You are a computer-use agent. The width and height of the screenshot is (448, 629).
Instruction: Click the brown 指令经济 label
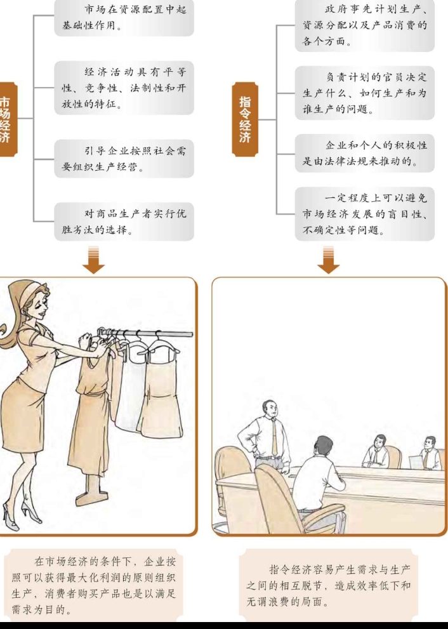tap(245, 119)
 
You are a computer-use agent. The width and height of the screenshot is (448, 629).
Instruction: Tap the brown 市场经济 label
tap(7, 119)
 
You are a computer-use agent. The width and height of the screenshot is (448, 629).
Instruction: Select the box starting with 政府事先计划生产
tap(365, 25)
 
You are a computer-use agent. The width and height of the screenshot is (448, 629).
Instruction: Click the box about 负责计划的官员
tap(365, 93)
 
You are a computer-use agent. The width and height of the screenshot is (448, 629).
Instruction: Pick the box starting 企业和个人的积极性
tap(365, 153)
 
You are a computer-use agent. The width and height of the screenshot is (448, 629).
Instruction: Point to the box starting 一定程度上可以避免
tap(365, 214)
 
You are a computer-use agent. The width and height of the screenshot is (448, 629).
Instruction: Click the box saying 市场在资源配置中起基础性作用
tap(124, 18)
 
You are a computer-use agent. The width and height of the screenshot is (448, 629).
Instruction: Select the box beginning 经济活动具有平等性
tap(124, 88)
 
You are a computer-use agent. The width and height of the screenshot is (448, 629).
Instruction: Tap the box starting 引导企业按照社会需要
tap(124, 159)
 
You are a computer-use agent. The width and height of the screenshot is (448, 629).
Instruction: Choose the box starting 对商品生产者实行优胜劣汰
tap(124, 222)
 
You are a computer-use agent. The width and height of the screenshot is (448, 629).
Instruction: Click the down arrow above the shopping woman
tap(93, 261)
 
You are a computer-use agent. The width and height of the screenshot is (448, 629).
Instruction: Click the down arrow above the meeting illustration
tap(329, 261)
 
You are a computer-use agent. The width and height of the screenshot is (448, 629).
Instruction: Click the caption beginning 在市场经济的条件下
tap(93, 585)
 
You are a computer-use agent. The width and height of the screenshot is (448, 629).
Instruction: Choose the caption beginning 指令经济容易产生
tap(329, 585)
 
